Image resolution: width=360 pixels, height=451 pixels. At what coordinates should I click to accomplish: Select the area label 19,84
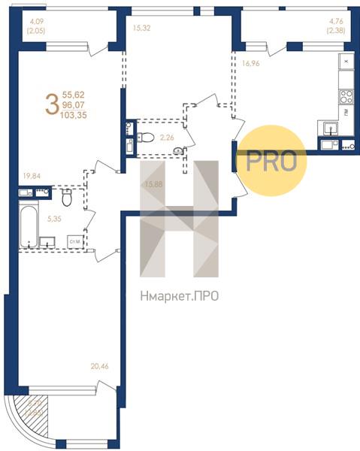pos(33,177)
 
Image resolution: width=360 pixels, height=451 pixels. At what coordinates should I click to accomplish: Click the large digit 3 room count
pos(51,103)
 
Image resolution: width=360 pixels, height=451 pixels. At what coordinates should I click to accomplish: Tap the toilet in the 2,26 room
pos(147,137)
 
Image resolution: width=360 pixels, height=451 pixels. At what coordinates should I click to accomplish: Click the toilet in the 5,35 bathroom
pos(67,197)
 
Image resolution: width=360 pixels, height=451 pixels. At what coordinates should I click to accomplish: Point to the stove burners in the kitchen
pos(346,96)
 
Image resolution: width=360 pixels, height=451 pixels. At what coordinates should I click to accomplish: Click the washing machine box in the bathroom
pos(74,241)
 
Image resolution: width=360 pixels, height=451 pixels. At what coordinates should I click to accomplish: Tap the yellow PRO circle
pos(271,161)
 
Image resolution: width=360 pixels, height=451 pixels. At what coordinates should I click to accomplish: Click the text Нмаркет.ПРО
pos(180,296)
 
